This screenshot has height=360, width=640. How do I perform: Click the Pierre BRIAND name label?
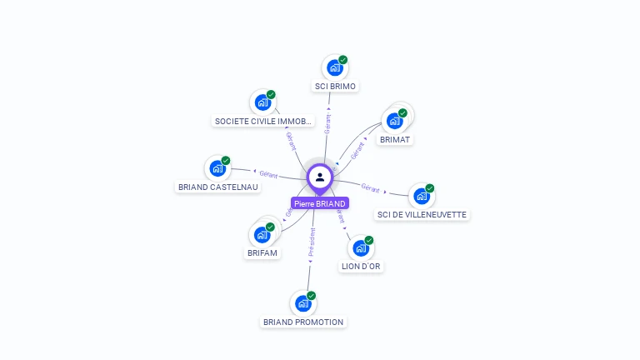click(320, 203)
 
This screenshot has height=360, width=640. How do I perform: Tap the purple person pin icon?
click(320, 177)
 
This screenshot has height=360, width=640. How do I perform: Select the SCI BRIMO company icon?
click(335, 67)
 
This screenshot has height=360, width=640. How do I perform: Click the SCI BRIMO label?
click(335, 86)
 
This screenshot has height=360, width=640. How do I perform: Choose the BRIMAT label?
click(395, 140)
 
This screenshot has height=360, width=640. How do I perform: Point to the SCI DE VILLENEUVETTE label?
click(422, 214)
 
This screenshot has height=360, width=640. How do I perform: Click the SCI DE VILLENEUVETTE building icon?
click(422, 196)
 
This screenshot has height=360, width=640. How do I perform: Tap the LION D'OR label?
click(362, 267)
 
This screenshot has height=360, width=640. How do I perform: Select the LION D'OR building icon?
click(361, 247)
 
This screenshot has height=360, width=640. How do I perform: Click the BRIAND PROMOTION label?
click(303, 322)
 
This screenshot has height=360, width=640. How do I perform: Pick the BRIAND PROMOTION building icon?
click(303, 303)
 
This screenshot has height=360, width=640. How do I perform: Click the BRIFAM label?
click(262, 252)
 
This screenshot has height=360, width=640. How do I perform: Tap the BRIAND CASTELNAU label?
click(218, 187)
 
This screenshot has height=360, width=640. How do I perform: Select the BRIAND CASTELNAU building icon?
click(217, 168)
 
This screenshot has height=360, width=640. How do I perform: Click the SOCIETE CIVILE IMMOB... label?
click(263, 121)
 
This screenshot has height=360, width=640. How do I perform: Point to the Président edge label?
click(312, 241)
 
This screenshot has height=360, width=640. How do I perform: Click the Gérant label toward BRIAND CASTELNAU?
click(268, 174)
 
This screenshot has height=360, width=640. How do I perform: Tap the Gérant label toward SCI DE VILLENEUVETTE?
click(370, 189)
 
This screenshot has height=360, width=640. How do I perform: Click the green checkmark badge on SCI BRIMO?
click(342, 60)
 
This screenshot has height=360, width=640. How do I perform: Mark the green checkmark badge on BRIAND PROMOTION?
click(311, 296)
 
